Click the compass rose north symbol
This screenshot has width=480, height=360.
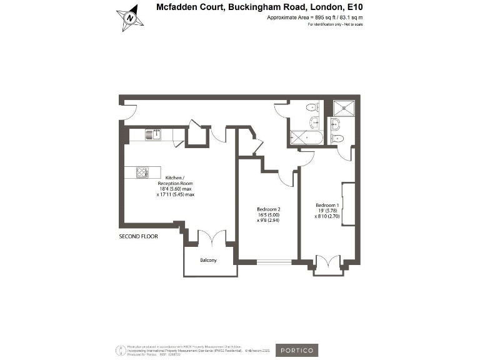[x=130, y=17]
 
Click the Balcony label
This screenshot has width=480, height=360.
[x=208, y=260]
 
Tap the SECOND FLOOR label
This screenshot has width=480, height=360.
[x=138, y=237]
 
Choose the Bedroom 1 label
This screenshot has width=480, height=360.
[x=327, y=206]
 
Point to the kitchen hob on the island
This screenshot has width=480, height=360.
[x=141, y=172]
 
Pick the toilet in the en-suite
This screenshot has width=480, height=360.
[x=338, y=138]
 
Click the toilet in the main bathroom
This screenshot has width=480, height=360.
[x=312, y=107]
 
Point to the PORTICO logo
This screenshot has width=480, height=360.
[x=296, y=350]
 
